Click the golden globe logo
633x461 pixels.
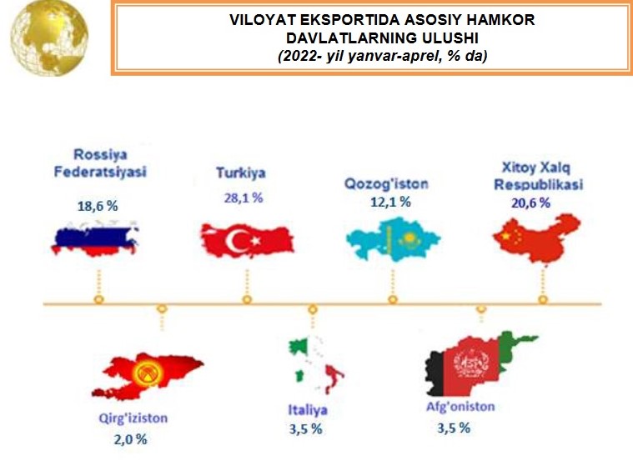pos(49,38)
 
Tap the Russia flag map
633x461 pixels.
pos(95,239)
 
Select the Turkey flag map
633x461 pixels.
pos(248,241)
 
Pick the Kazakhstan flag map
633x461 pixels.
pos(393,239)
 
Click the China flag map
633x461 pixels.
pos(537,238)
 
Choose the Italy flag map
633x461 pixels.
pos(316,364)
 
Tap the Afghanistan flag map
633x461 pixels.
pos(481,364)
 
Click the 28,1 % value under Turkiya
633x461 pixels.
pos(244,198)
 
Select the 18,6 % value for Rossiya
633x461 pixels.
pos(98,206)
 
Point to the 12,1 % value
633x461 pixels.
pos(390,202)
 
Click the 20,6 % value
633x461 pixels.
pos(531,203)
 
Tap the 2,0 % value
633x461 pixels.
pos(130,439)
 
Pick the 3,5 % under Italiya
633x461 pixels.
pos(305,428)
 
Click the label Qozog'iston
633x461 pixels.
pos(386,184)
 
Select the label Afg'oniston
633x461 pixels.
pos(460,407)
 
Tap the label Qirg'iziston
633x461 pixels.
pos(133,418)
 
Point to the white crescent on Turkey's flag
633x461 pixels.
pos(236,241)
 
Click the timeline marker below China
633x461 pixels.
pos(543,299)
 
